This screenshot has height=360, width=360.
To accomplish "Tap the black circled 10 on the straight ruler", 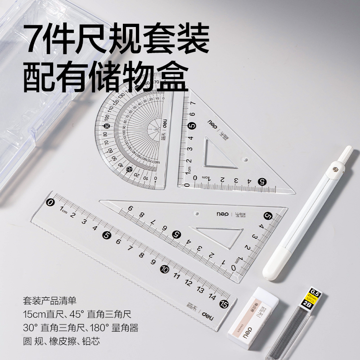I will click(165, 269).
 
